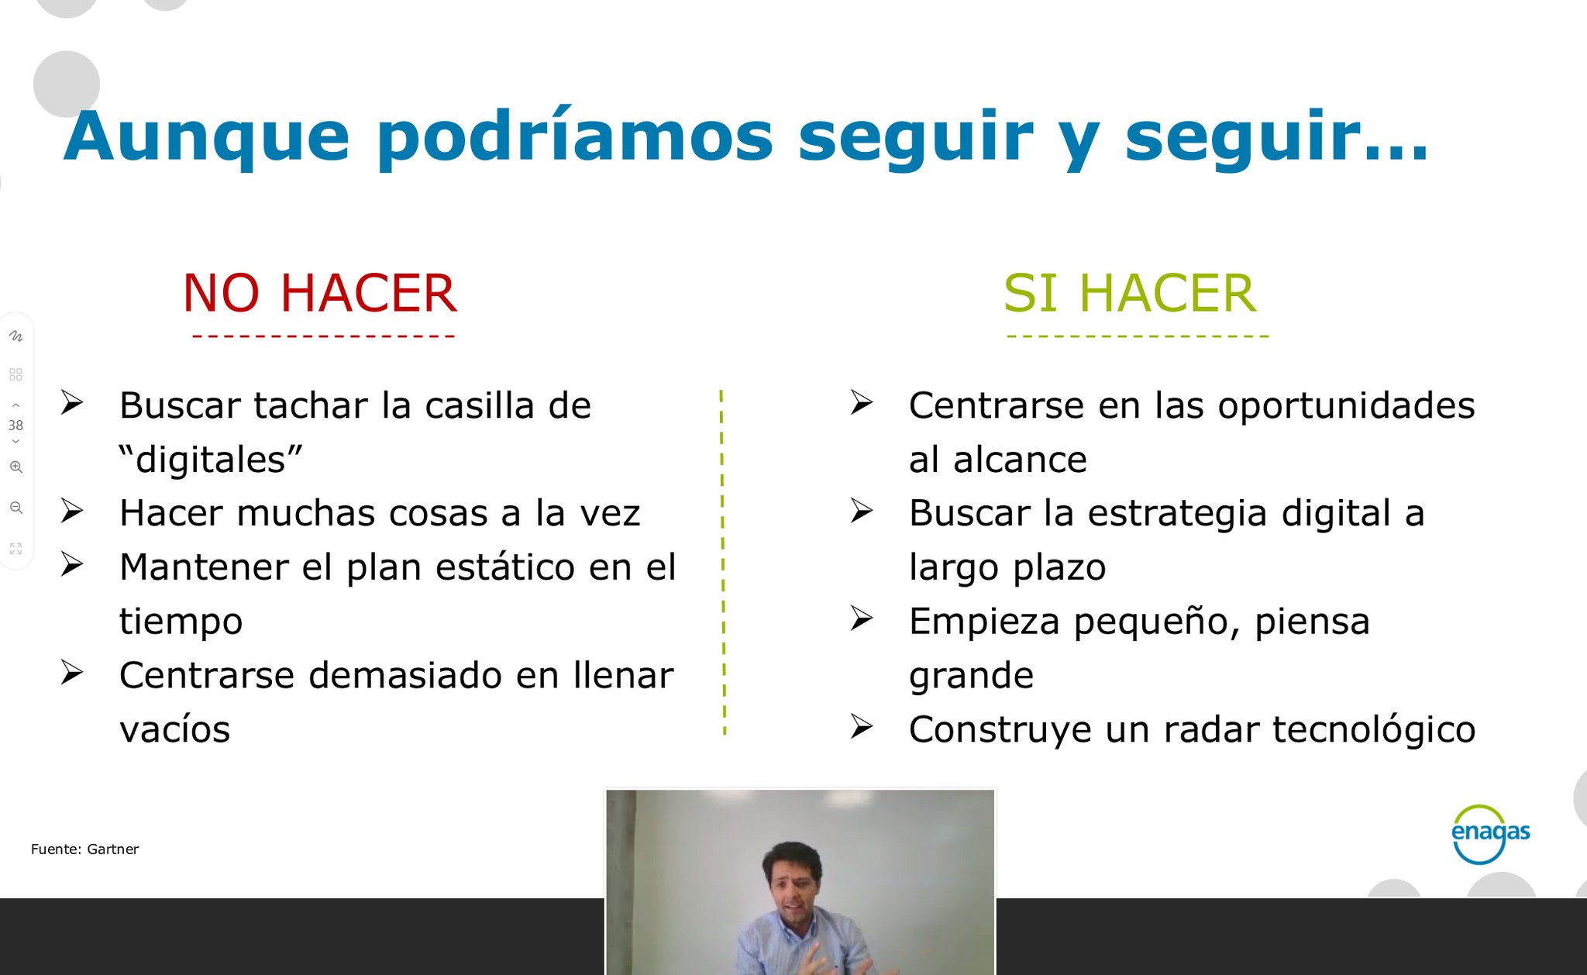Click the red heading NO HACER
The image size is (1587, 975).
point(319,293)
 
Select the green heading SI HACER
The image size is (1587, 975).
point(1130,293)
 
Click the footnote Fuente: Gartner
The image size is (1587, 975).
point(85,849)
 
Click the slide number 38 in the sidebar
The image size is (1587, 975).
point(15,425)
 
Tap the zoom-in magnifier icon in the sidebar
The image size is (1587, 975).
point(15,467)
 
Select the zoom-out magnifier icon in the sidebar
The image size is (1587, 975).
point(15,508)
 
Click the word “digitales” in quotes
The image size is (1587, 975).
point(211,459)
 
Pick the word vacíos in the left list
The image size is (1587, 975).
point(175,729)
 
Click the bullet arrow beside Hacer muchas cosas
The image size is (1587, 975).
point(72,511)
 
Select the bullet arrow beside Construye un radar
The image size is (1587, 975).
point(862,727)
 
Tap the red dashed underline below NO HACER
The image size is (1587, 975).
point(323,336)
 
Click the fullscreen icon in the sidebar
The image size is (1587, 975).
point(15,549)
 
